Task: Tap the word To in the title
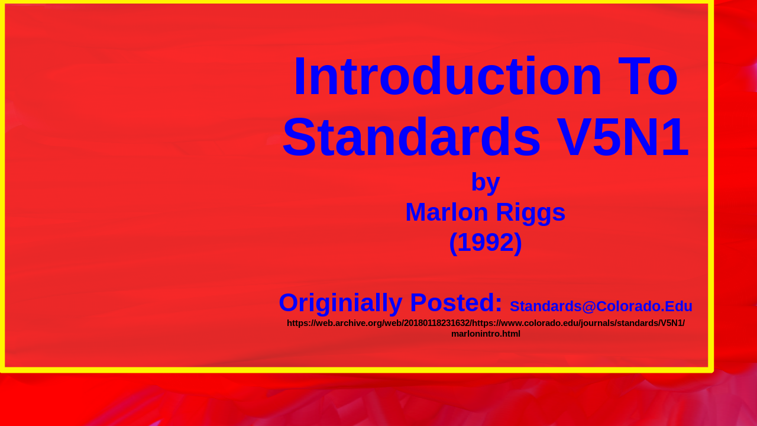pos(648,76)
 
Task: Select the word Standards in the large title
pos(411,137)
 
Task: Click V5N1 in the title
pos(623,137)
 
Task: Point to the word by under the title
pos(486,183)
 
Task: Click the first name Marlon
pos(447,212)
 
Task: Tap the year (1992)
pos(486,243)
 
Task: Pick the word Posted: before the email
pos(456,302)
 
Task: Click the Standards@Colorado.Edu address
pos(601,306)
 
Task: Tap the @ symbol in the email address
pos(588,306)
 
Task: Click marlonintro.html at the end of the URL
pos(486,334)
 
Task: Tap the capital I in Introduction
pos(300,76)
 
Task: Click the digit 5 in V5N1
pos(607,137)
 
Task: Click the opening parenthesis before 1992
pos(453,243)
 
